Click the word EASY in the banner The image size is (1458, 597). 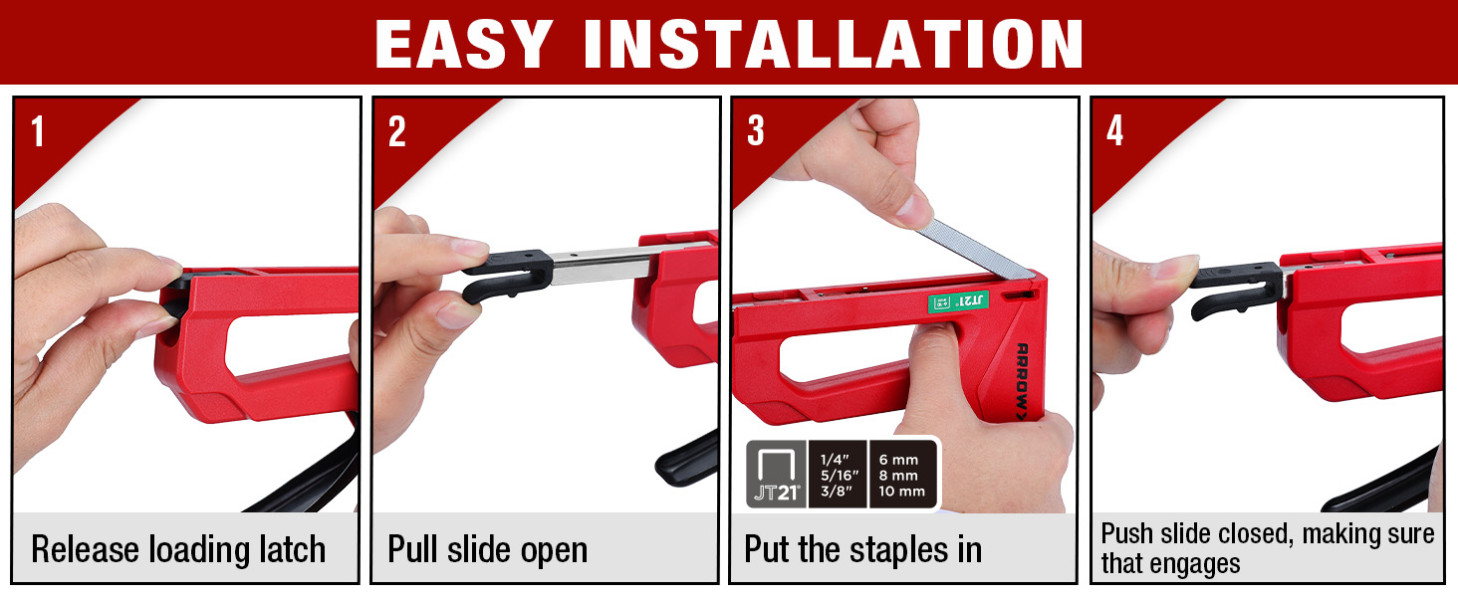click(x=463, y=44)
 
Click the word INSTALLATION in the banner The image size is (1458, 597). click(x=834, y=44)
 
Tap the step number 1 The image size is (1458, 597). click(x=38, y=131)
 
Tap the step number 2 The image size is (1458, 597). click(x=397, y=131)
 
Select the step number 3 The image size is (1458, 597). click(x=756, y=131)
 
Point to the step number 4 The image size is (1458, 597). click(x=1115, y=131)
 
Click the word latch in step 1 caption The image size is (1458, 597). click(x=292, y=549)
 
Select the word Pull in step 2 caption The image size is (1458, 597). click(x=412, y=549)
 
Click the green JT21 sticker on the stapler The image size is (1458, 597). click(x=958, y=301)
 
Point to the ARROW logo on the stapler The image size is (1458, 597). click(x=1022, y=381)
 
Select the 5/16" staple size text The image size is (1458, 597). click(x=839, y=476)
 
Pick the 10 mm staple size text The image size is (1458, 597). click(x=901, y=491)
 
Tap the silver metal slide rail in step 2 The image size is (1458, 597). click(x=603, y=265)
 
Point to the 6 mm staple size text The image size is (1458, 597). click(x=898, y=460)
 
